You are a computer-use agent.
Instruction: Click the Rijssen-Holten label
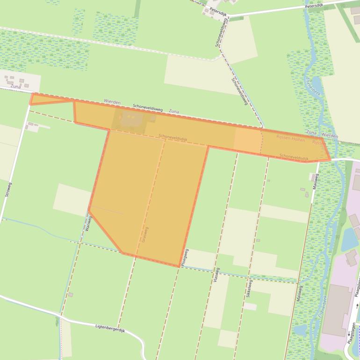pos(290,139)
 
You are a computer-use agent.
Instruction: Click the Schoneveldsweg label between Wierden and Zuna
pos(147,108)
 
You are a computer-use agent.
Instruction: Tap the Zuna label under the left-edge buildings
pos(15,86)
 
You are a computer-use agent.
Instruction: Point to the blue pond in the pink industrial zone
pos(349,240)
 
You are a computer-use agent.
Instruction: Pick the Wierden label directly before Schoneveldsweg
pos(112,102)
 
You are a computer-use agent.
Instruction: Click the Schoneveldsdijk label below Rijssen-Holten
pos(294,158)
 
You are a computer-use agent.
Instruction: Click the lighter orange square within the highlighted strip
pos(247,140)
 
